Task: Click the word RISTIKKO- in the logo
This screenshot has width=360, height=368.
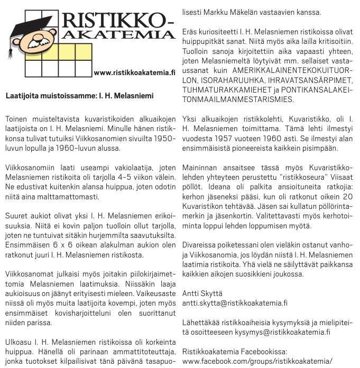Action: pos(118,21)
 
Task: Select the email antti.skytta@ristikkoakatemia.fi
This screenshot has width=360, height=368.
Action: pos(234,303)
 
